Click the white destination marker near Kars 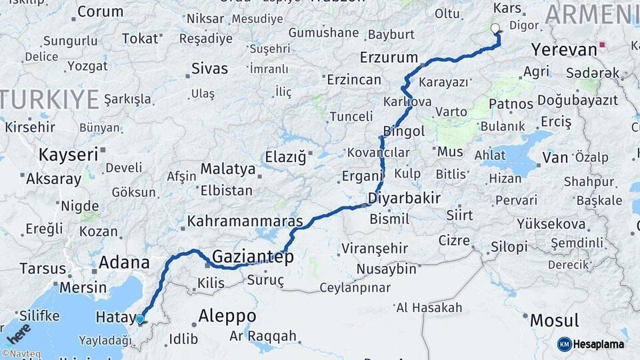coord(495,29)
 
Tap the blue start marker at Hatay coord(140,319)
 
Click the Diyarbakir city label coord(404,198)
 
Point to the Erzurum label coord(389,57)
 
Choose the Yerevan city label coord(564,50)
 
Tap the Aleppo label coord(227,316)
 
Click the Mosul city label coord(554,320)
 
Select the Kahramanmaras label coord(245,221)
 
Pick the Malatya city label coord(228,169)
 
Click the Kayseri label coord(68,155)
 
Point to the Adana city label coord(123,263)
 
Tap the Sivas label coord(209,69)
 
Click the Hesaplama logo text coord(599,344)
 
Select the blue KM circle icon coord(564,344)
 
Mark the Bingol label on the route coord(404,131)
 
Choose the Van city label coord(555,158)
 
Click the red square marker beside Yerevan coord(603,46)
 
